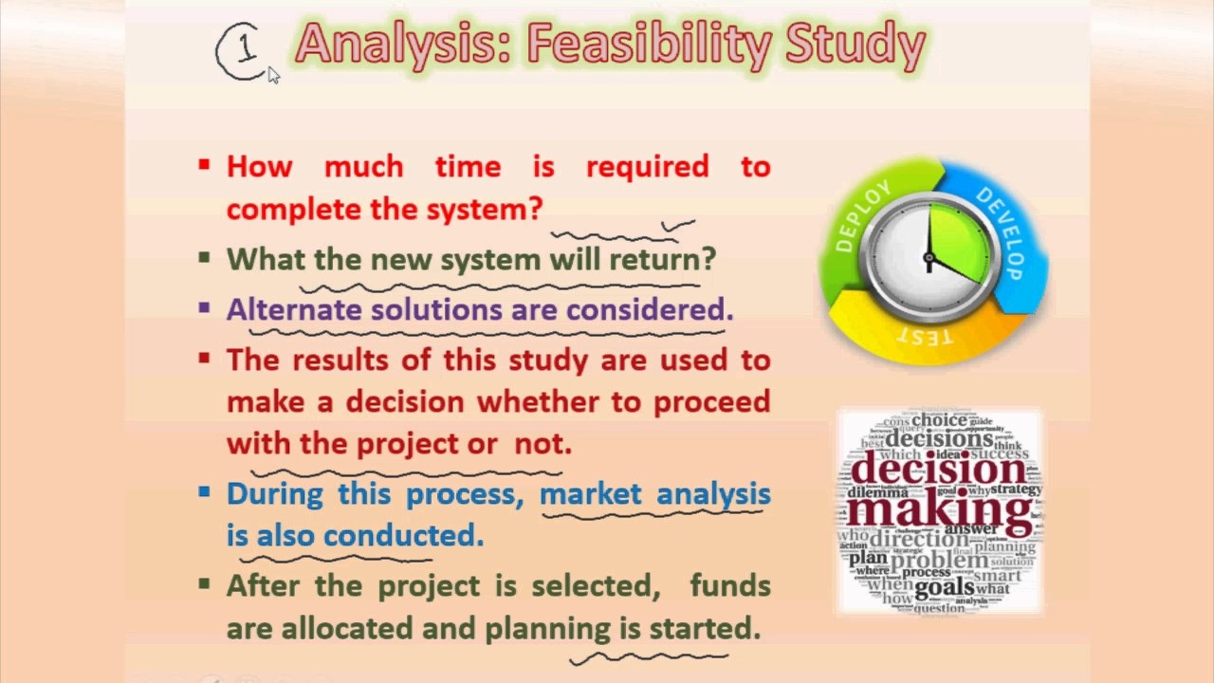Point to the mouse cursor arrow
[x=272, y=74]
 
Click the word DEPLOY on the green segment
[x=863, y=216]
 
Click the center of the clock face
[x=929, y=257]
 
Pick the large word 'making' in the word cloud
[x=939, y=509]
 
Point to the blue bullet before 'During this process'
[x=204, y=492]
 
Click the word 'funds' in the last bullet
[x=729, y=585]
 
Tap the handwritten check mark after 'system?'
[x=677, y=226]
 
